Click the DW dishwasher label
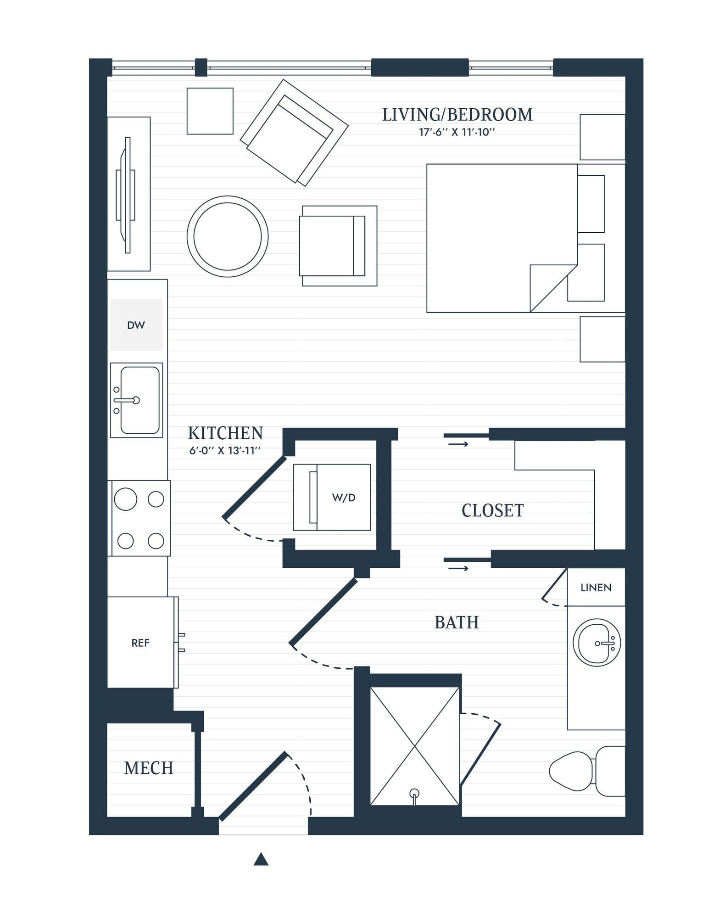[136, 325]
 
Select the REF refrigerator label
[140, 643]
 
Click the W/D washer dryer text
[344, 498]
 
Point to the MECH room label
[149, 768]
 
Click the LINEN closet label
[596, 588]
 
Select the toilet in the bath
[583, 771]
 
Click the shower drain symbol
[414, 793]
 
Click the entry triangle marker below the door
[261, 859]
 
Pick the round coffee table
[228, 236]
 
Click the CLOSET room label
[492, 510]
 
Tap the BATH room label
[457, 622]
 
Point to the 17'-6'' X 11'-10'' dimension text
[457, 133]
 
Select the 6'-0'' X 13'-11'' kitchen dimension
[225, 451]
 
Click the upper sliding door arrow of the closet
[458, 444]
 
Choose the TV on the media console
[127, 195]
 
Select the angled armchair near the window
[294, 132]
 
